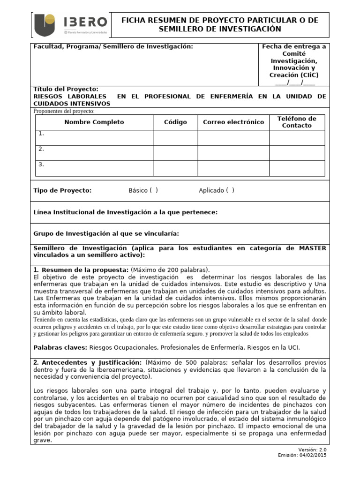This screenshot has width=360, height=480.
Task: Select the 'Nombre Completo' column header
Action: tap(94, 122)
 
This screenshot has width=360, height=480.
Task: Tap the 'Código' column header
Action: tap(175, 122)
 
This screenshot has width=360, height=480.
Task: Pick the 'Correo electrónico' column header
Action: tap(233, 122)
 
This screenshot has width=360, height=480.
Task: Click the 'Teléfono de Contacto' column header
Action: tap(297, 122)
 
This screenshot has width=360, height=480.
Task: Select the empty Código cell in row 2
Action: tap(175, 153)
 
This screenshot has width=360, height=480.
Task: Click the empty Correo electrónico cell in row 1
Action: tap(233, 138)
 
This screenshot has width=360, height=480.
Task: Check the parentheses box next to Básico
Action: tap(154, 190)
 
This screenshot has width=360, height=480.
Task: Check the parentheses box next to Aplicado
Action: tap(230, 190)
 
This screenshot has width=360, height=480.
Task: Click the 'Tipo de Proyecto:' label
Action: tap(62, 190)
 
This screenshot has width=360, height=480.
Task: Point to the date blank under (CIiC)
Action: tap(295, 82)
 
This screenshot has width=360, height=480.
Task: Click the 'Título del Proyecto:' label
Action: tap(66, 89)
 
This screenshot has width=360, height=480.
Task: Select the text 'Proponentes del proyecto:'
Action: tap(64, 111)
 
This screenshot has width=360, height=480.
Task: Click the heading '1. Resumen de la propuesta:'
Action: tap(81, 270)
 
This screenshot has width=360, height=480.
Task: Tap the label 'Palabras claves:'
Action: tap(60, 347)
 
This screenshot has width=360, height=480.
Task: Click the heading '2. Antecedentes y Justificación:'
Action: tap(88, 363)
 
